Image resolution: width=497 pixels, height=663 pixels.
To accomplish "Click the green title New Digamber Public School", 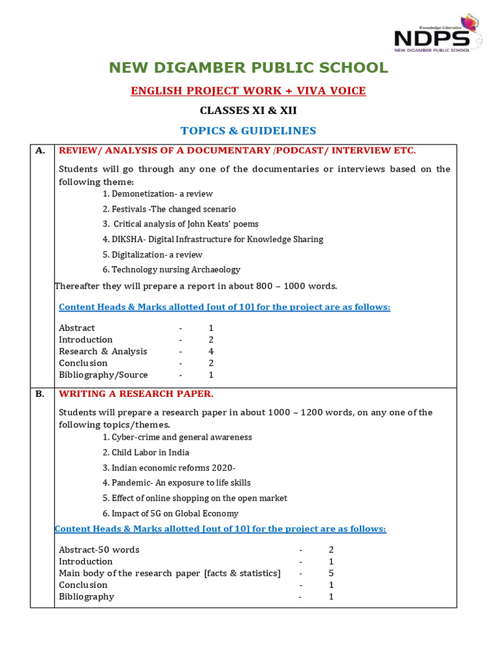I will (x=248, y=68).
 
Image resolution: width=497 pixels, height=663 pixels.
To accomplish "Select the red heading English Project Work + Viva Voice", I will (x=248, y=91).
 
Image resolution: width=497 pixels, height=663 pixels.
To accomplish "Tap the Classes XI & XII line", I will (x=248, y=111).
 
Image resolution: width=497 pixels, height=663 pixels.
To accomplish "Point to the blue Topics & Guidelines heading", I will (x=248, y=131).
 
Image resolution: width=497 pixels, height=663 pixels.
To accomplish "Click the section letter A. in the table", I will (x=40, y=151).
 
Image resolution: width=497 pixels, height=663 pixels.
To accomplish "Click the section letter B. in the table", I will (x=40, y=394).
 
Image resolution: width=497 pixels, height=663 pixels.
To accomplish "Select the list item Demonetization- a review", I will (x=158, y=194).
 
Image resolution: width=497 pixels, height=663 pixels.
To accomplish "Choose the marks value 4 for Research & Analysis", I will (x=211, y=352).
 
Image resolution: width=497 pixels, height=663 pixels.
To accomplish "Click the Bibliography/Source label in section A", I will (x=104, y=375).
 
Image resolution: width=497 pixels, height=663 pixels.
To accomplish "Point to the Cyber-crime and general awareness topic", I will (x=177, y=437).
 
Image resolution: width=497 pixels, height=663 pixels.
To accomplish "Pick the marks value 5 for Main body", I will (x=331, y=573).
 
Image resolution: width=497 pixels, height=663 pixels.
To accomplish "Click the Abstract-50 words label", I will (x=99, y=550).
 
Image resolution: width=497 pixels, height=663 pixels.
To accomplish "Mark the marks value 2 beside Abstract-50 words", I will (x=331, y=550).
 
